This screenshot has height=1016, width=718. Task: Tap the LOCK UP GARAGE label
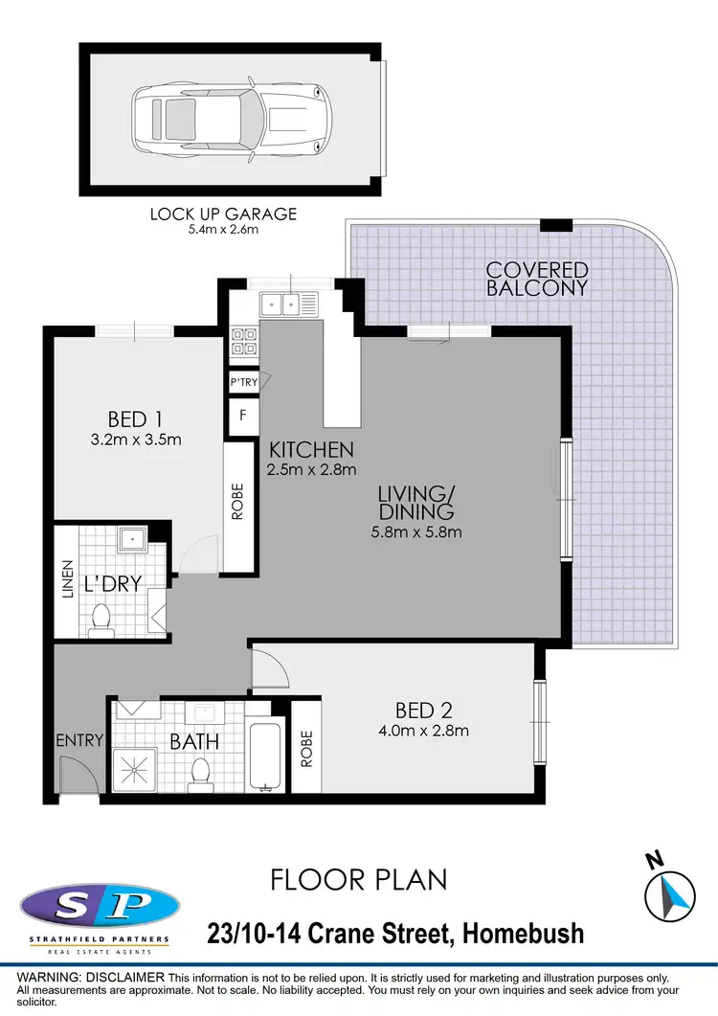tap(223, 214)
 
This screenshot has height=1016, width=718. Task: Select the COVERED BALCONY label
tap(536, 278)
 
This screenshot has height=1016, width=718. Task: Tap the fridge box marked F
tap(243, 416)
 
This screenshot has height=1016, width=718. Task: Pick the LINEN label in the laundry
tap(66, 578)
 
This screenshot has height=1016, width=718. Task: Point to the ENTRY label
tap(79, 739)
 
